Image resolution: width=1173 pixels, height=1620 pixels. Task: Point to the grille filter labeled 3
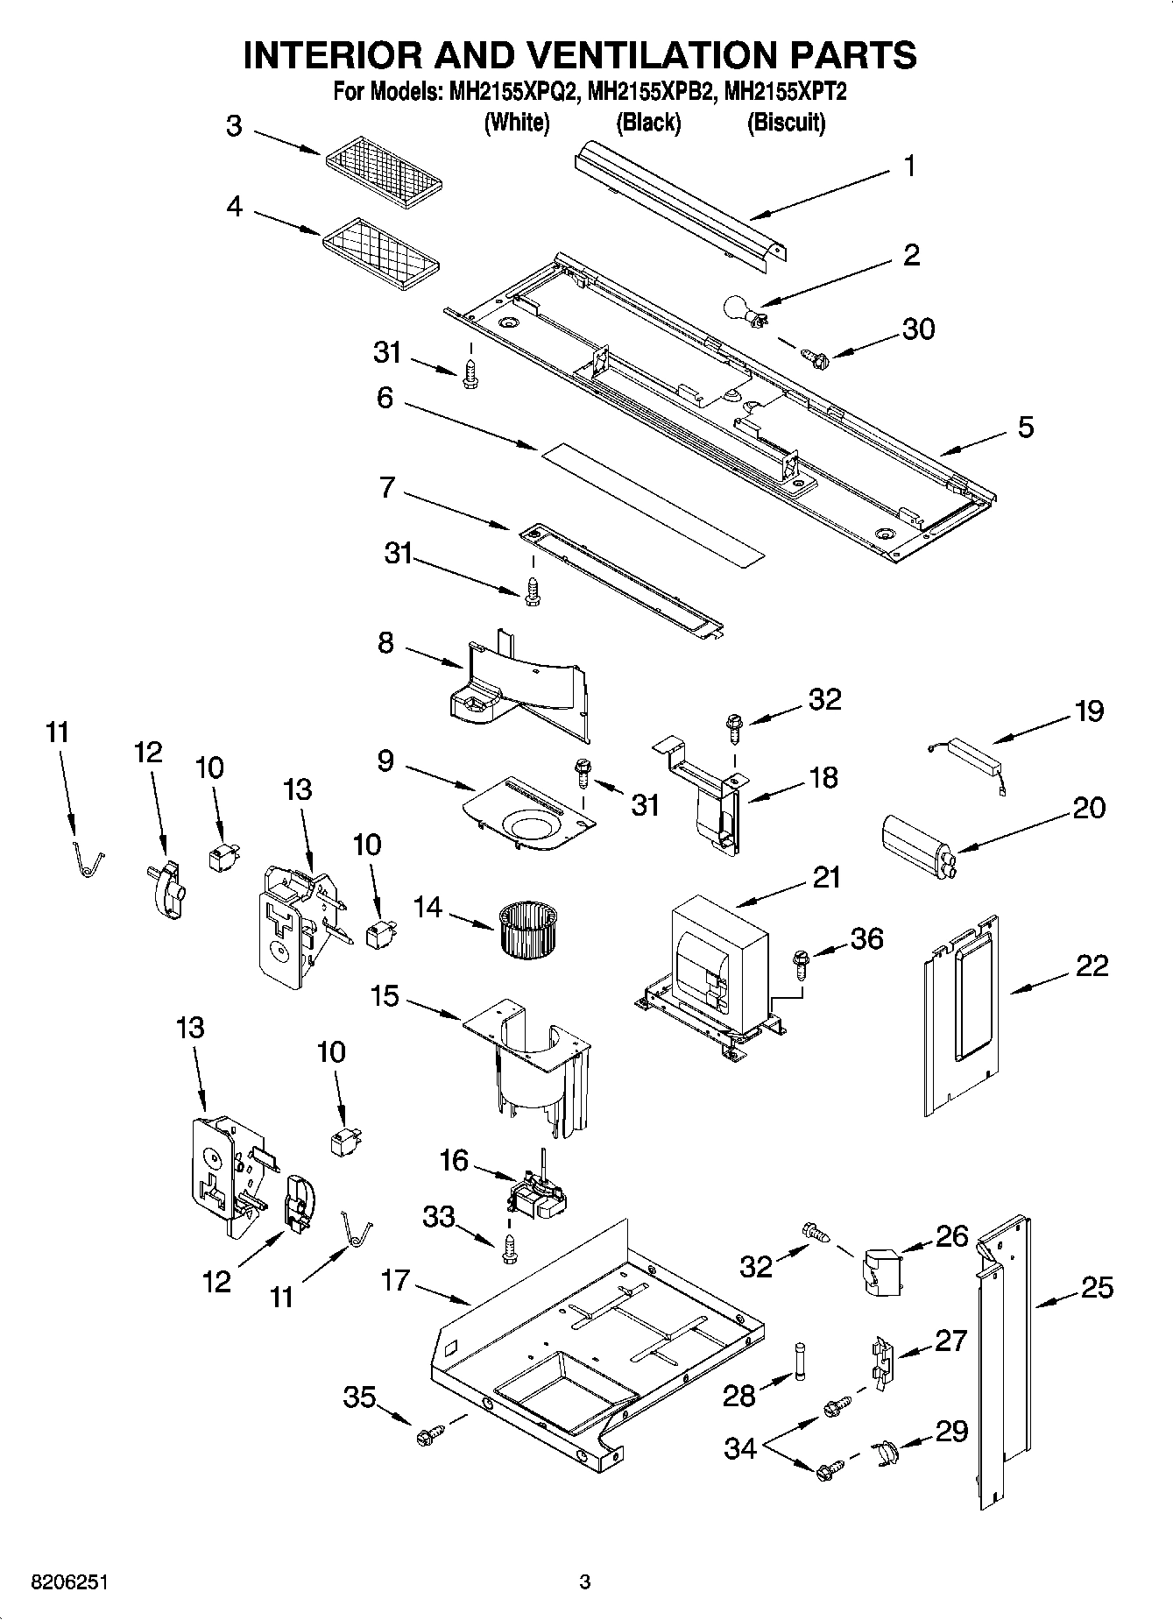pyautogui.click(x=383, y=169)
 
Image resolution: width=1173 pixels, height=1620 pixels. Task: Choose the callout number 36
pyautogui.click(x=866, y=938)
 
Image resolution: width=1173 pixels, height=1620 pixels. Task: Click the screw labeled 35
pyautogui.click(x=430, y=1434)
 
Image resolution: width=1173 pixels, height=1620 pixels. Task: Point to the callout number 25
pyautogui.click(x=1097, y=1287)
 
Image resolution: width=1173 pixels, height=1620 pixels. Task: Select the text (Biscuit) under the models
pyautogui.click(x=786, y=124)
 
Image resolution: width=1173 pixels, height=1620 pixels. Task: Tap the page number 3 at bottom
pyautogui.click(x=585, y=1582)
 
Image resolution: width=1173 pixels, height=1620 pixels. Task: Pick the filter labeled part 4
pyautogui.click(x=380, y=254)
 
